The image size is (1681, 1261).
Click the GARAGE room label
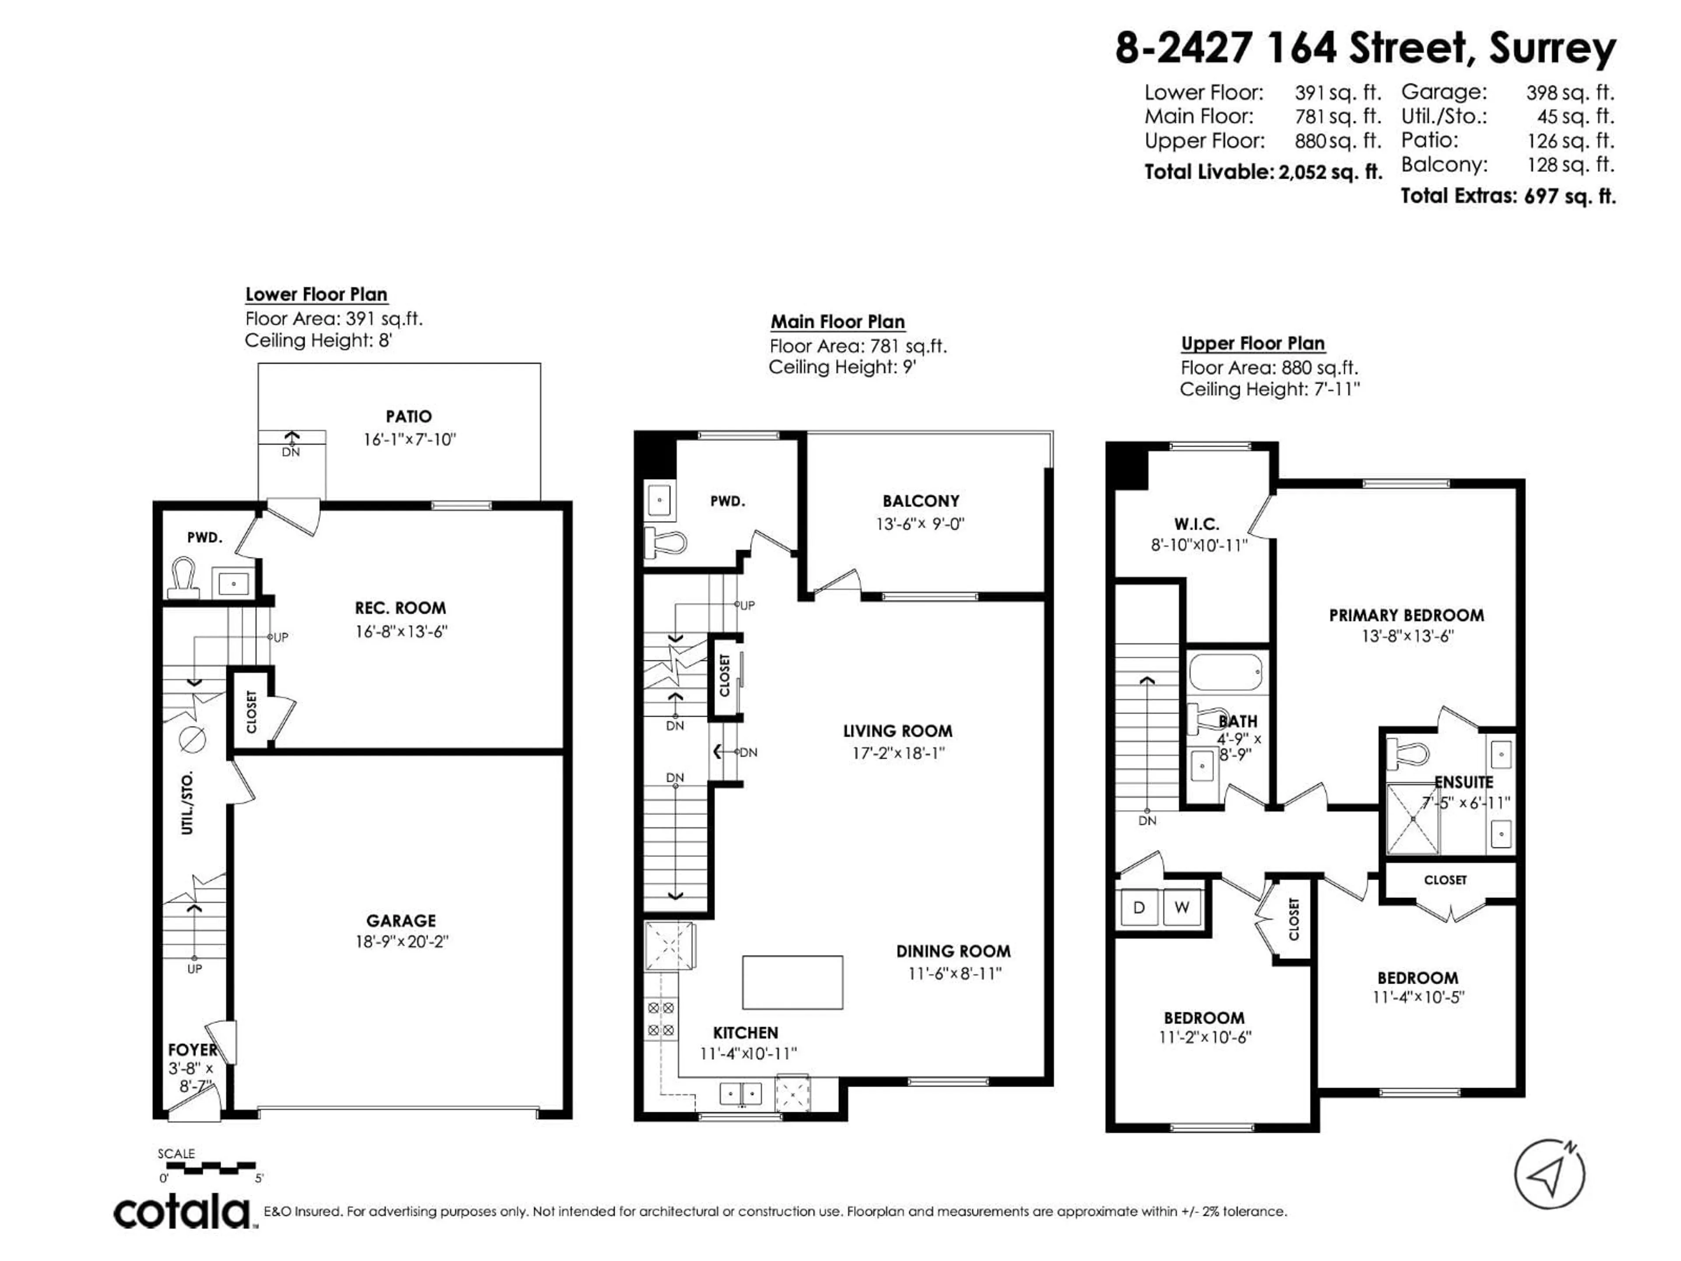[x=401, y=920]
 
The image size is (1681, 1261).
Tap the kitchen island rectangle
[x=792, y=982]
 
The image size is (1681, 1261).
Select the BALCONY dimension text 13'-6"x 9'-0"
[x=920, y=524]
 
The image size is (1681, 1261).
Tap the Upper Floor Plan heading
[x=1252, y=344]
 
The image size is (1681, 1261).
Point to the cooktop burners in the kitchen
[x=661, y=1019]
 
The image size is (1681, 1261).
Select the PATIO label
[x=409, y=416]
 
